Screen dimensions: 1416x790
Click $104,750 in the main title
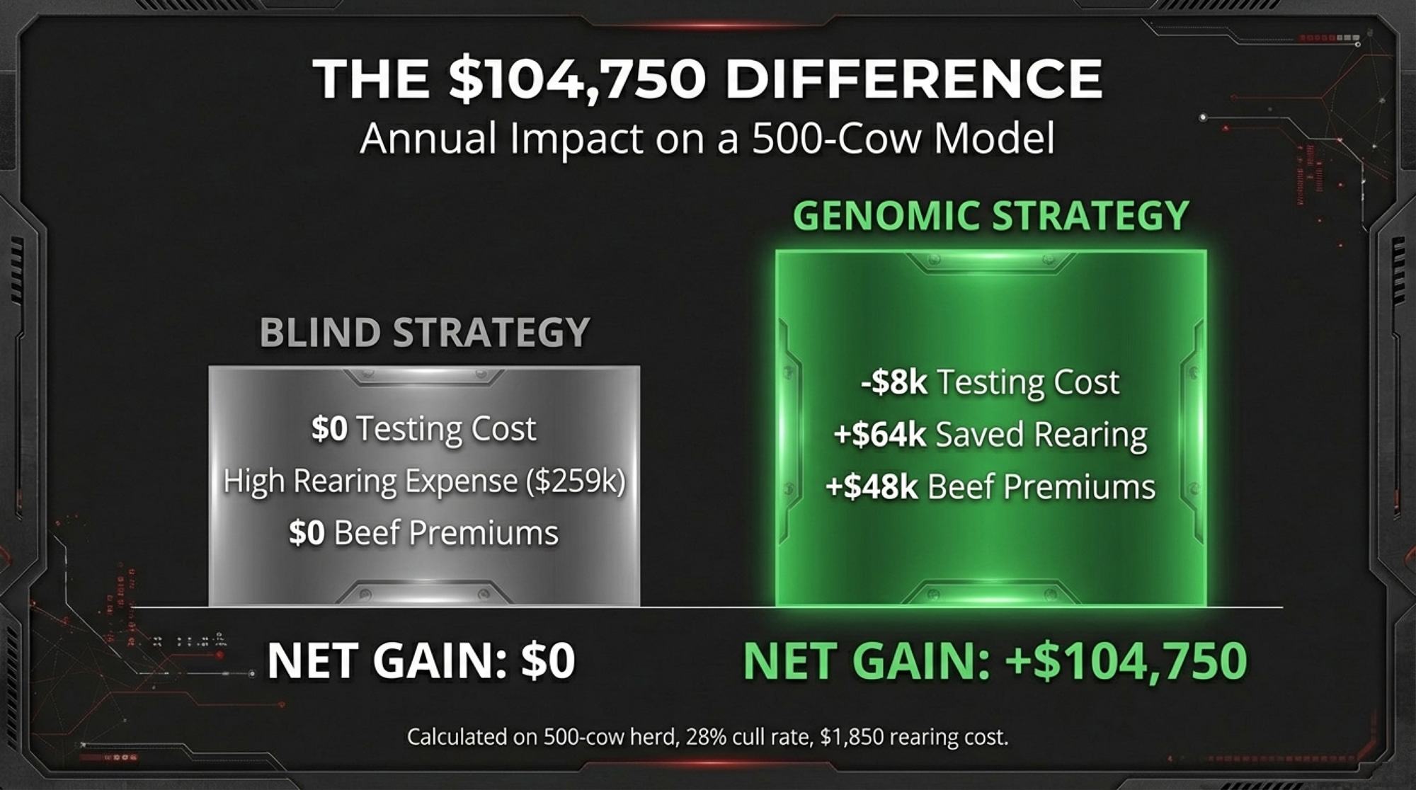(x=577, y=79)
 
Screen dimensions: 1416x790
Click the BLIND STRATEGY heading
(x=425, y=332)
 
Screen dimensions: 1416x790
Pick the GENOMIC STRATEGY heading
(x=990, y=215)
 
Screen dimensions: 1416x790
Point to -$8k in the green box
(x=894, y=382)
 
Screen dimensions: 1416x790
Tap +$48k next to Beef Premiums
(x=872, y=487)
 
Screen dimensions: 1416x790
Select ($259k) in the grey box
(x=576, y=481)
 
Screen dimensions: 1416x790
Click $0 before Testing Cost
(x=329, y=429)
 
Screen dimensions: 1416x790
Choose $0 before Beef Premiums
(x=307, y=533)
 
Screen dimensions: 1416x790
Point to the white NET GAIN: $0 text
(x=421, y=660)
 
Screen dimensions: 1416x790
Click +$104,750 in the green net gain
(x=1126, y=661)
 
